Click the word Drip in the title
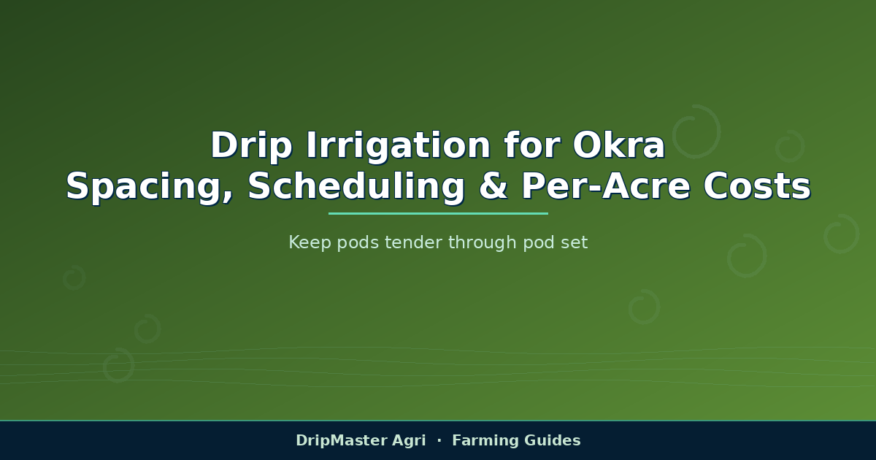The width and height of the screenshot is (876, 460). pyautogui.click(x=251, y=146)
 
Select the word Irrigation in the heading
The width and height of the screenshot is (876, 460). pyautogui.click(x=398, y=146)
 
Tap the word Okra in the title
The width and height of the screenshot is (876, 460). pyautogui.click(x=619, y=145)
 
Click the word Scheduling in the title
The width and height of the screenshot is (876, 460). pyautogui.click(x=356, y=187)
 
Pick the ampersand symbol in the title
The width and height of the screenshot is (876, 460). pyautogui.click(x=493, y=186)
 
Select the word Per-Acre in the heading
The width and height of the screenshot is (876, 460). pyautogui.click(x=606, y=186)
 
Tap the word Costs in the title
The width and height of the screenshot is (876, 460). pyautogui.click(x=757, y=186)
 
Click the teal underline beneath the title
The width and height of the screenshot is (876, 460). pyautogui.click(x=438, y=213)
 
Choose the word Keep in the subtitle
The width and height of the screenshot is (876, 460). pyautogui.click(x=310, y=242)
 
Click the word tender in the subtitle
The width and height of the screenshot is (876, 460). pyautogui.click(x=414, y=242)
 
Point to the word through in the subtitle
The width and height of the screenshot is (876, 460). pyautogui.click(x=483, y=242)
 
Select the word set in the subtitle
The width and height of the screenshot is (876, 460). pyautogui.click(x=574, y=243)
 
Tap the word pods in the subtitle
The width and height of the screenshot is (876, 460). pyautogui.click(x=358, y=242)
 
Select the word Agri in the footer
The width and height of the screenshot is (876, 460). pyautogui.click(x=409, y=441)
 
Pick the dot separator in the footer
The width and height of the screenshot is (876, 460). pyautogui.click(x=439, y=440)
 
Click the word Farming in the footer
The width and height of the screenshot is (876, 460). pyautogui.click(x=485, y=441)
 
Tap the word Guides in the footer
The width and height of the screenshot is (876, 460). pyautogui.click(x=552, y=440)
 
